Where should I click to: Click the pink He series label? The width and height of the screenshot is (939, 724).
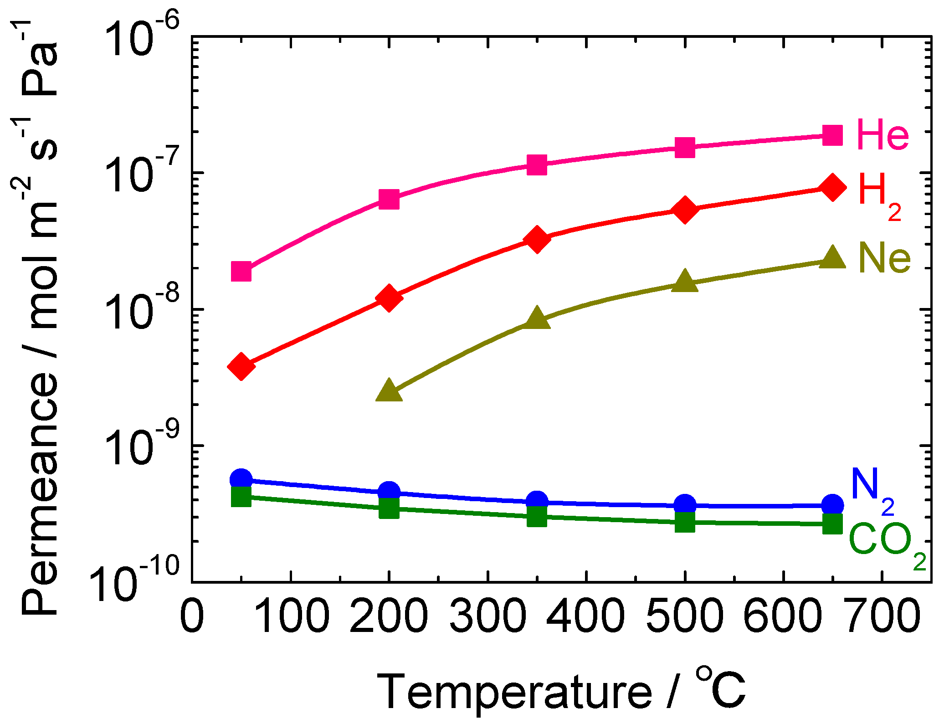[883, 135]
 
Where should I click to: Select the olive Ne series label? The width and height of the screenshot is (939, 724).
[884, 258]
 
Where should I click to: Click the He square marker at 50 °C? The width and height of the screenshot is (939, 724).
[241, 272]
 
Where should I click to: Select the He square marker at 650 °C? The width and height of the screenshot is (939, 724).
[832, 135]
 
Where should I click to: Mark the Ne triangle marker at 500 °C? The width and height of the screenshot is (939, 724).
[685, 281]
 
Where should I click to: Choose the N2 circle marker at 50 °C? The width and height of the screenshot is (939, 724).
[241, 479]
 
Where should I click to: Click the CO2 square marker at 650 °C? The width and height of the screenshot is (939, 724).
[832, 524]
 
